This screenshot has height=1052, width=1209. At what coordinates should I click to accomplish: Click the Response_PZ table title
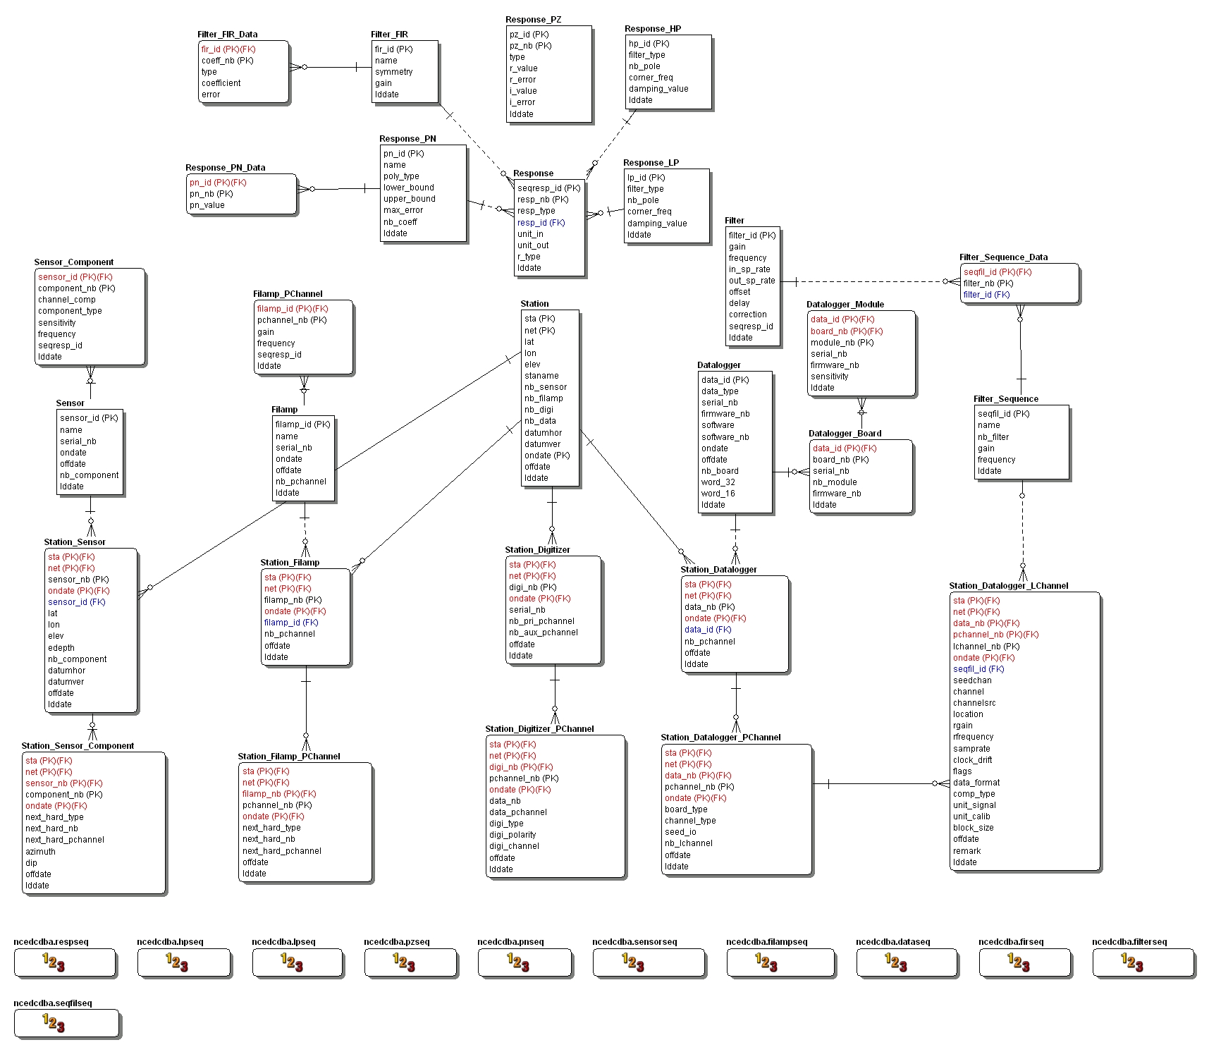coord(533,20)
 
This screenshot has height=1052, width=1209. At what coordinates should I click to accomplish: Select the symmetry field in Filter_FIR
coord(393,72)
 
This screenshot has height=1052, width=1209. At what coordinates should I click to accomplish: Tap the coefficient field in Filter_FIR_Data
coord(221,83)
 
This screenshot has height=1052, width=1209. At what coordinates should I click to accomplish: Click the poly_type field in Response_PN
coord(400,176)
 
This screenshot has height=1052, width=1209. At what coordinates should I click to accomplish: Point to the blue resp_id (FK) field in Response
coord(541,223)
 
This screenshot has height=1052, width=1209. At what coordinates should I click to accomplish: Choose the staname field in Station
coord(541,376)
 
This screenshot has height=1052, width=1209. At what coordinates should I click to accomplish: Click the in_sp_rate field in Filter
coord(749,269)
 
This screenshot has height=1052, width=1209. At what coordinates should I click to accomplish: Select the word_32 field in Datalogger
coord(718,482)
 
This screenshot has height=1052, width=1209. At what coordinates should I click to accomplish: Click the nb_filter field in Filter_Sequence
coord(993,437)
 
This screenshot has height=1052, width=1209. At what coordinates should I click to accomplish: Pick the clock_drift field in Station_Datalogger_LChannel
coord(972,760)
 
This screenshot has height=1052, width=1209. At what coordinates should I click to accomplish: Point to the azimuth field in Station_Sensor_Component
coord(40,852)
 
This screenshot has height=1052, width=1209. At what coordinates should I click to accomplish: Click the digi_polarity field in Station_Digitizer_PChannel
coord(513,835)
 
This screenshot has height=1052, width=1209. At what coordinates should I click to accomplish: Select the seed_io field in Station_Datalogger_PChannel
coord(680,832)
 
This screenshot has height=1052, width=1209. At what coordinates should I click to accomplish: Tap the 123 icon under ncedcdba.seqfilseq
coord(54,1022)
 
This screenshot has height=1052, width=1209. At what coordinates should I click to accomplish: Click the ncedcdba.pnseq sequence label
coord(510,942)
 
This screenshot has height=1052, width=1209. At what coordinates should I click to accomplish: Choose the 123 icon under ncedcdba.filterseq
coord(1131,962)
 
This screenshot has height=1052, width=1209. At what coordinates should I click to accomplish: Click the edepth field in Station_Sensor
coord(61,648)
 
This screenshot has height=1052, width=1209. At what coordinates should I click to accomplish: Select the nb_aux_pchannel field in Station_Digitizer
coord(543,632)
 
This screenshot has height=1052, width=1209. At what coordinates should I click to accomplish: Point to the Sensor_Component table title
coord(73,262)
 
